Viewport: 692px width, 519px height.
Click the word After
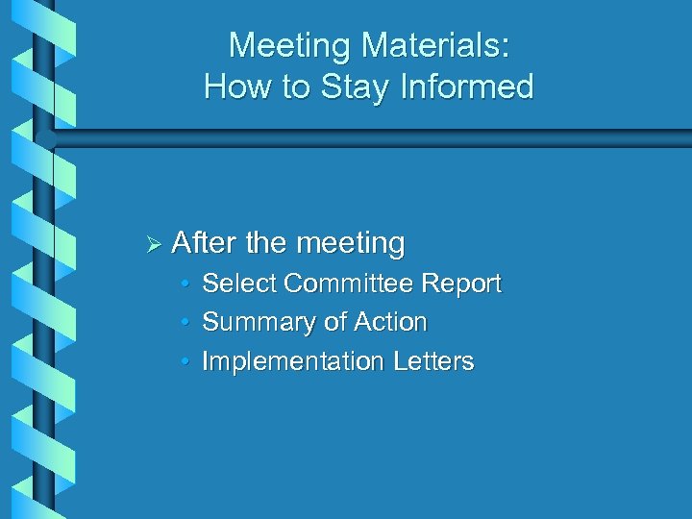204,242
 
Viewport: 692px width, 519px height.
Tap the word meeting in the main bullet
350,244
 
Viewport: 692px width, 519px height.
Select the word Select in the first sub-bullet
240,284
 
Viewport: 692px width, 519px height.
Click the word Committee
347,284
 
